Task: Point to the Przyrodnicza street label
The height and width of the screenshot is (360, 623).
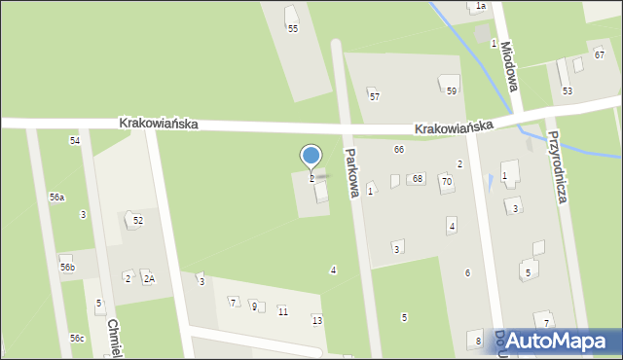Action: [564, 165]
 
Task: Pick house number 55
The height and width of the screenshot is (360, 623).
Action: [293, 29]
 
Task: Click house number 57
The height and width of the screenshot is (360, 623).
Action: [375, 96]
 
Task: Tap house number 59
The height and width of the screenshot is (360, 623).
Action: [452, 90]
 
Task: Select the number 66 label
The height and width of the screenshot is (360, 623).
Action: [399, 149]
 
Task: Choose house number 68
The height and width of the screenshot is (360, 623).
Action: [418, 178]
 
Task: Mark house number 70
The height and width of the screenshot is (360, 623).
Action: [447, 181]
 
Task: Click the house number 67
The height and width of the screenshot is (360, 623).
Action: [600, 54]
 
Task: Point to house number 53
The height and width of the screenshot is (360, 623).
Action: [568, 90]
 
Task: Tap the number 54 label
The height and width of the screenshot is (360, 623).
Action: [75, 141]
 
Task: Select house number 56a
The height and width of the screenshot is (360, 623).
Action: [57, 197]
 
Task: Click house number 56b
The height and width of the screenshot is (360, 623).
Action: [66, 267]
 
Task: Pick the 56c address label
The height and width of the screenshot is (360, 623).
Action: [77, 338]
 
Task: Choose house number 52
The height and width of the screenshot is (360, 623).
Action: [138, 220]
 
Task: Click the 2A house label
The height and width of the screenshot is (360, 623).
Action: [149, 279]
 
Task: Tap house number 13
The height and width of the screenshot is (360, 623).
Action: [316, 320]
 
